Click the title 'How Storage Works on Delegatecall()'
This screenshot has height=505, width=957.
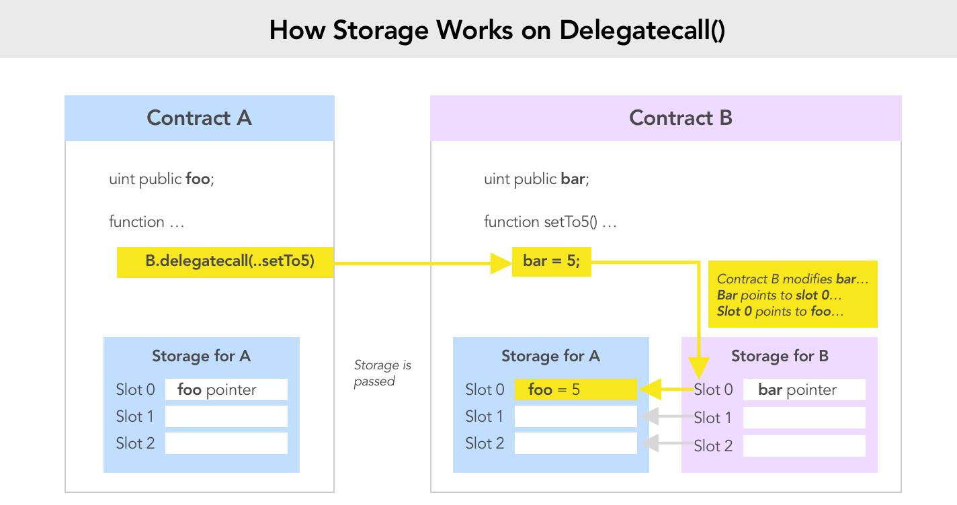[x=497, y=30]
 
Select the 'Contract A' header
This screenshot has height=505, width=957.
[x=199, y=118]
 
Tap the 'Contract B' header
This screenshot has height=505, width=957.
[x=680, y=118]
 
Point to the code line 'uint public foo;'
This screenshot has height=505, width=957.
[x=161, y=179]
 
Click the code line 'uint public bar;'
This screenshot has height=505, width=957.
[x=536, y=179]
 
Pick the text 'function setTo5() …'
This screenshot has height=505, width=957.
[x=550, y=222]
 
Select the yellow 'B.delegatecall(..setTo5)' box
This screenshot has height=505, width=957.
[x=225, y=262]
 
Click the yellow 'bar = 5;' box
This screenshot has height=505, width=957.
[x=551, y=262]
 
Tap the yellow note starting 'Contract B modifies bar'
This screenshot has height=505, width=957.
[x=793, y=295]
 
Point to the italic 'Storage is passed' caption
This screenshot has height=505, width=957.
[x=382, y=373]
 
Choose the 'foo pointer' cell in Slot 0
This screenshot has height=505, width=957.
[x=226, y=389]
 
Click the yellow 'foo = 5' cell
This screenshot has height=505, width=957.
[x=575, y=389]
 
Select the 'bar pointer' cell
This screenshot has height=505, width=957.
[x=804, y=389]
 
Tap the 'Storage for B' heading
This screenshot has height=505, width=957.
[x=780, y=356]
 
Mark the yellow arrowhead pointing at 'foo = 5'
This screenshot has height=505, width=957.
[x=648, y=389]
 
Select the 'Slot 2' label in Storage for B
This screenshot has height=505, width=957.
[x=713, y=446]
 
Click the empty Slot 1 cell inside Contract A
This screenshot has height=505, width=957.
[x=226, y=416]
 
